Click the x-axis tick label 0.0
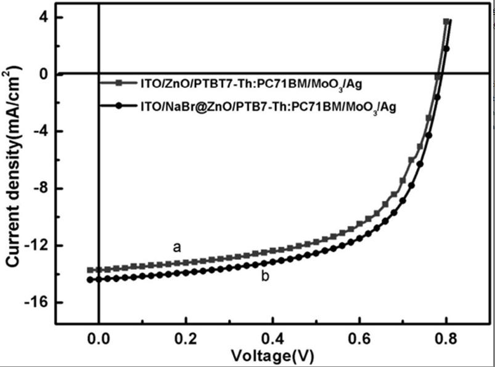pyautogui.click(x=99, y=337)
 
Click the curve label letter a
pyautogui.click(x=176, y=247)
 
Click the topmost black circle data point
pyautogui.click(x=446, y=49)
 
